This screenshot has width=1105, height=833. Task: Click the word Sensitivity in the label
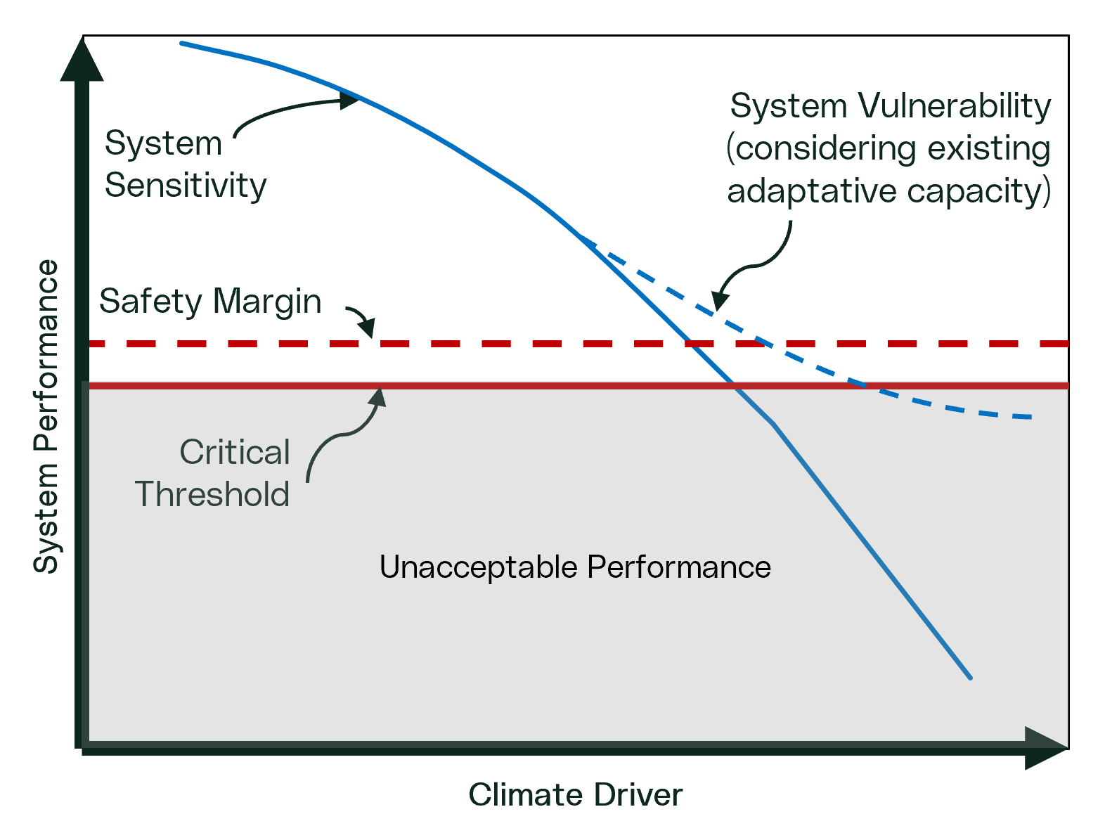(x=186, y=186)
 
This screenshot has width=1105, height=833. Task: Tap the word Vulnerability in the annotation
(x=954, y=107)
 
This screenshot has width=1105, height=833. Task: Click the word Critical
(x=235, y=452)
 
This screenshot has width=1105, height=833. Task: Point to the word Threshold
(x=212, y=494)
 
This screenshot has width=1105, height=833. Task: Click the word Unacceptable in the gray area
(x=478, y=567)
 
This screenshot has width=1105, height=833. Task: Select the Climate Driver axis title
(x=575, y=795)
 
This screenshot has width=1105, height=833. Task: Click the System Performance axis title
(x=46, y=416)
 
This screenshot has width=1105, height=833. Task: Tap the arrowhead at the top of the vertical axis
(x=82, y=60)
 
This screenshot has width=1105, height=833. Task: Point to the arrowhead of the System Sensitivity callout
(x=350, y=100)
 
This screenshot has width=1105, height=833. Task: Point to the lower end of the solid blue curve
(x=970, y=678)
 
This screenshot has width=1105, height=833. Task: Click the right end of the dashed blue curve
(x=1030, y=418)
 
